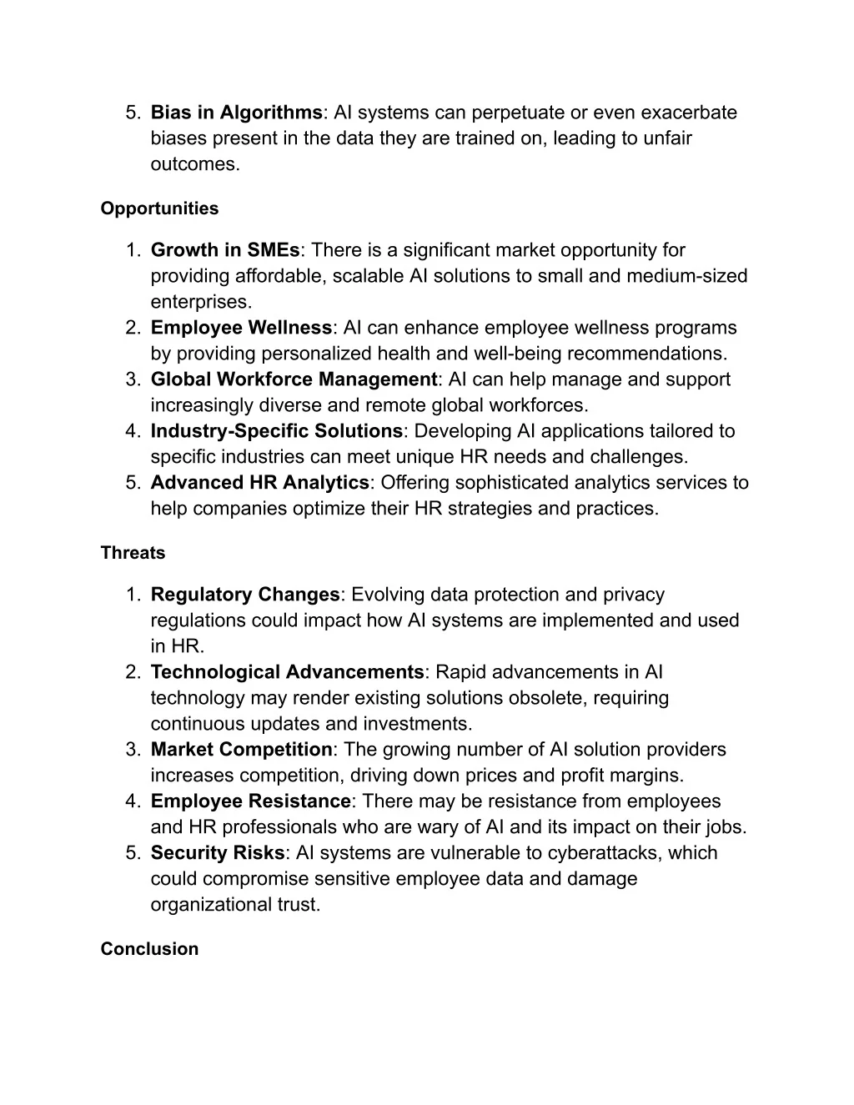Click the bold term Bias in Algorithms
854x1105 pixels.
point(236,113)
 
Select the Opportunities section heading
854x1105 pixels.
point(159,208)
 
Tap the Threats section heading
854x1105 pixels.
point(133,553)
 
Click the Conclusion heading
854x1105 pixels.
point(149,949)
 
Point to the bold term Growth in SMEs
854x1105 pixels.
point(225,250)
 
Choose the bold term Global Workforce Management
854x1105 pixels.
point(294,379)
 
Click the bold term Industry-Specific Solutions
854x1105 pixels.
point(276,431)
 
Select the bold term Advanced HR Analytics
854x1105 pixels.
point(259,483)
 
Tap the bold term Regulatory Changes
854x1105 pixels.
point(245,595)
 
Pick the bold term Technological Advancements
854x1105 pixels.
point(287,672)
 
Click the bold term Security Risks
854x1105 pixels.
point(217,853)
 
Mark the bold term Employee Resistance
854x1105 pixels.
point(250,801)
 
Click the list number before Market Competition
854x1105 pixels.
point(133,750)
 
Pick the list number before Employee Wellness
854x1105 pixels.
point(133,328)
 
